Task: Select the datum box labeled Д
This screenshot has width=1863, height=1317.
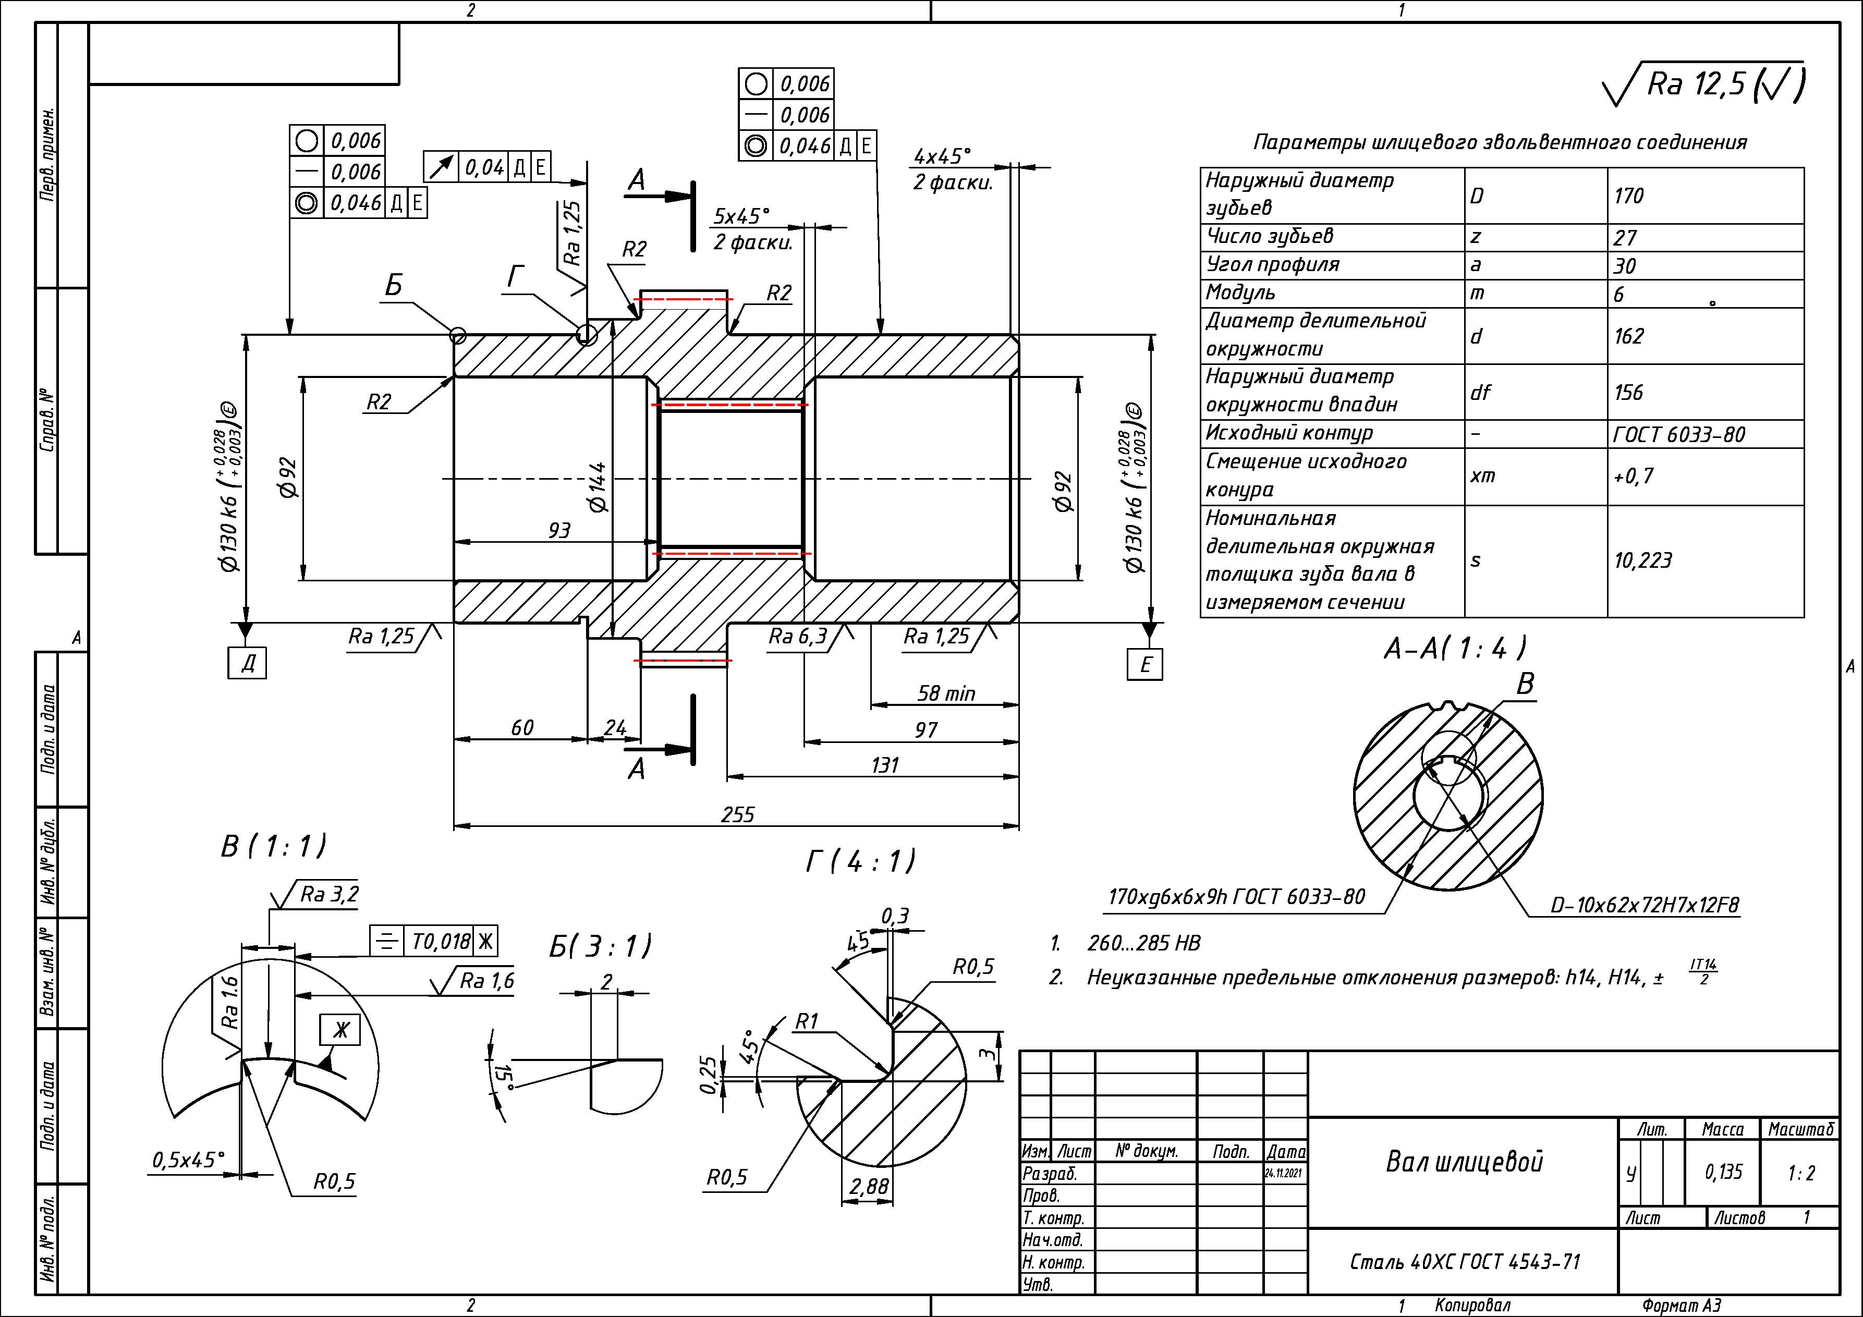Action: (248, 664)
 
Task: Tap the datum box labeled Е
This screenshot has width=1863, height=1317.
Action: (1145, 665)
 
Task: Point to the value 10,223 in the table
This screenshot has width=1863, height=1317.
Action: (1643, 560)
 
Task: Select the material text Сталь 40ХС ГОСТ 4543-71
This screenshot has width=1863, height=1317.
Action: (1465, 1262)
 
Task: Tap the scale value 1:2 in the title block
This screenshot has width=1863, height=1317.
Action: (1800, 1173)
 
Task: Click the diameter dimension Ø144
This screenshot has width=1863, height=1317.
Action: (597, 487)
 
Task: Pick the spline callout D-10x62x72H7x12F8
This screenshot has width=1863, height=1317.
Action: (1645, 905)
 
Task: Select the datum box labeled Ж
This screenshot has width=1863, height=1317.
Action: (340, 1030)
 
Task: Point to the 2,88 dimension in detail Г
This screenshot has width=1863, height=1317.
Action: (868, 1186)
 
